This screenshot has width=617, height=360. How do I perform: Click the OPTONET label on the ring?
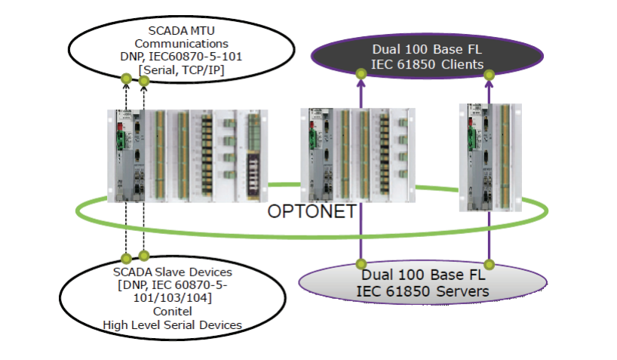point(312,211)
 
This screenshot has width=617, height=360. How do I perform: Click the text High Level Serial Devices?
point(173,325)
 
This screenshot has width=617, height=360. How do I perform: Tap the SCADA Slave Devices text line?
point(173,271)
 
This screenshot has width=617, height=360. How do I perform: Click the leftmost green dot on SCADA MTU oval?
point(125,78)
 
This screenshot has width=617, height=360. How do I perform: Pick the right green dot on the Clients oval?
point(489,74)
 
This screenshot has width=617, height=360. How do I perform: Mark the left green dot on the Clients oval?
point(361,73)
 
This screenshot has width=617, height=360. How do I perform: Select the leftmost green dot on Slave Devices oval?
point(126,258)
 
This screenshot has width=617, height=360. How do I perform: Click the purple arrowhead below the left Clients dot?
point(361,85)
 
